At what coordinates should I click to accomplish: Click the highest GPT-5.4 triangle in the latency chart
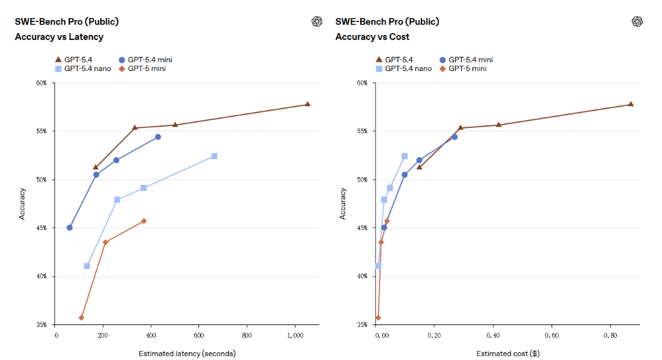(308, 104)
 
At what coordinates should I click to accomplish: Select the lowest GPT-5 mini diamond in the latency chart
(81, 317)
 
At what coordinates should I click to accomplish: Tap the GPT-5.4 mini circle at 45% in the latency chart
(69, 228)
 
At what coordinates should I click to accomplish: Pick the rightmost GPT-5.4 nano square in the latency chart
(214, 156)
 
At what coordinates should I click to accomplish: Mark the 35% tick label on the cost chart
(361, 324)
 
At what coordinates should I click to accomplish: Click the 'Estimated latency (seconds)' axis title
(187, 354)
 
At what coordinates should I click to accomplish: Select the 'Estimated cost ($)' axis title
(507, 354)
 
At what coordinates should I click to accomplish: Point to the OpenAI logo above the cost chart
(637, 21)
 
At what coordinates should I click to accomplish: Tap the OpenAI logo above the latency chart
(317, 21)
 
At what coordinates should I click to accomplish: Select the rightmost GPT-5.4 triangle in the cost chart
(631, 104)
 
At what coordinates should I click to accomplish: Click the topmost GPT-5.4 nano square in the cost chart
(405, 156)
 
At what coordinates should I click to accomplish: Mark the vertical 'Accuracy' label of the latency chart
(22, 204)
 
